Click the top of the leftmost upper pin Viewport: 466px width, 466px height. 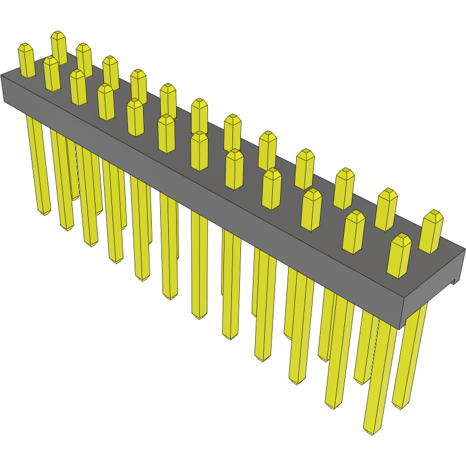coord(26,48)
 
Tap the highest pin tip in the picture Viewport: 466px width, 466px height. coord(58,36)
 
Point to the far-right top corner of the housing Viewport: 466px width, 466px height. coord(464,249)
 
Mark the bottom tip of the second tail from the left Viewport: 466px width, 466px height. coord(68,228)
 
